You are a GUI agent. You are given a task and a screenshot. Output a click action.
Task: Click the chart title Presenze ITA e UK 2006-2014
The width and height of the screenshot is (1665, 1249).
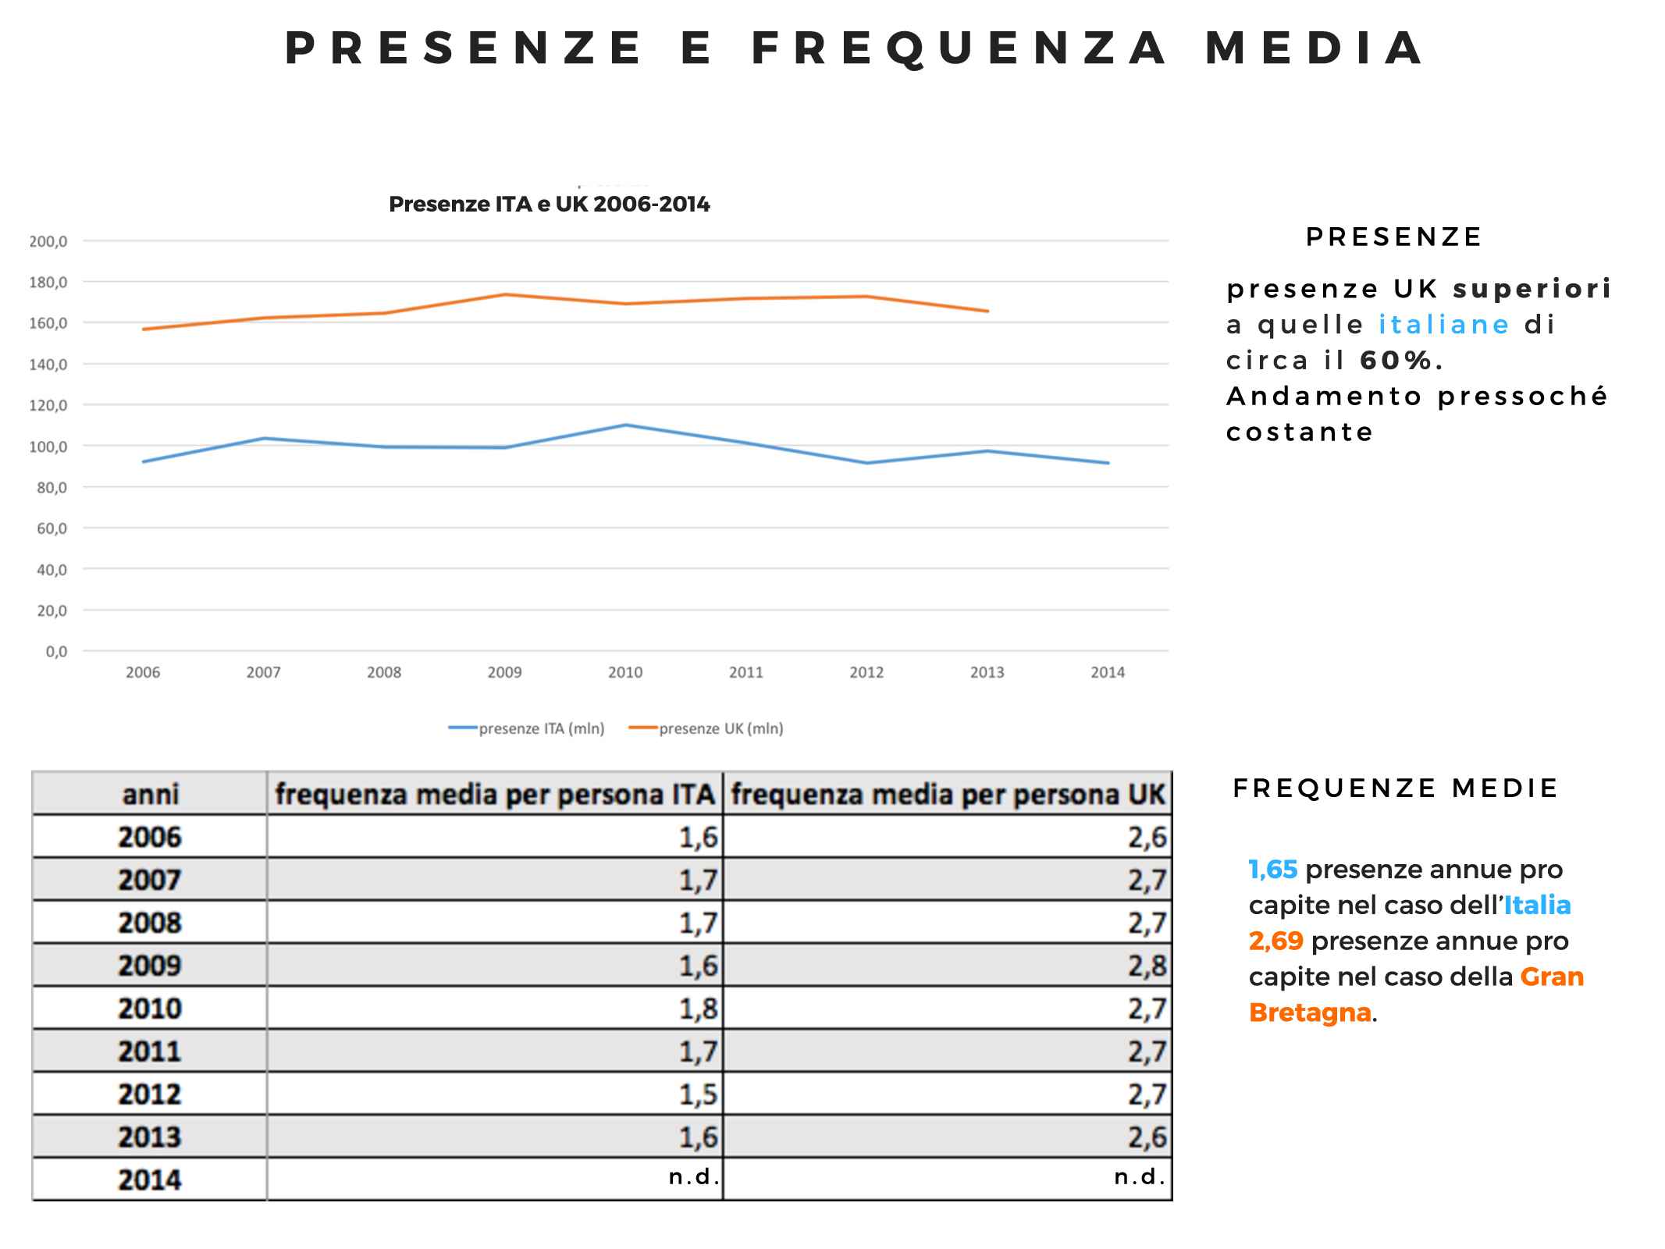point(549,205)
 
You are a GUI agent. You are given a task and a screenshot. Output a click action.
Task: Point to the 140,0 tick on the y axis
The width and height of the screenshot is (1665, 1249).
point(48,364)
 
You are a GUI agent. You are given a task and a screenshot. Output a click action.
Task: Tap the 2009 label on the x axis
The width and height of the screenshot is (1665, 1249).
point(504,672)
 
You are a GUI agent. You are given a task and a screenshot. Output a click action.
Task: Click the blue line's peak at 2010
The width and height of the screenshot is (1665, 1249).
point(625,425)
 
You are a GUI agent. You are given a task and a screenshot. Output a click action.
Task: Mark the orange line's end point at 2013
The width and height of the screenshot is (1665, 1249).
point(987,311)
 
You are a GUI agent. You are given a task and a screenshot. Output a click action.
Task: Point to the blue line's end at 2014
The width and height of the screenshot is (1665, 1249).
point(1108,463)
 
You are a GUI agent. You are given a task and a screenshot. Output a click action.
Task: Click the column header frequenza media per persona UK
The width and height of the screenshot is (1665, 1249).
point(948,795)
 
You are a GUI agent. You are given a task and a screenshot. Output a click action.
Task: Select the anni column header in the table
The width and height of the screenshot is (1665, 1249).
point(150,795)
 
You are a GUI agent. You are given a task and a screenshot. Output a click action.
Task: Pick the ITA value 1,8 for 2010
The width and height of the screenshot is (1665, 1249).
point(697,1009)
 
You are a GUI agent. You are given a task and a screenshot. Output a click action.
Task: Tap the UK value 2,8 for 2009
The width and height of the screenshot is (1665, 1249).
point(1147,966)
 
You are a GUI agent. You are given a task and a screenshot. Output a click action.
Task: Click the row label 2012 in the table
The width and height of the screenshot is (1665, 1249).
point(149,1094)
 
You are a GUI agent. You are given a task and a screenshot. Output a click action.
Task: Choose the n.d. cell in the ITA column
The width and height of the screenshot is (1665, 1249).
point(693,1176)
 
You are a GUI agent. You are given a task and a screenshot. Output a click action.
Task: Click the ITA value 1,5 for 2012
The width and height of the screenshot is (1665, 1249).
point(697,1094)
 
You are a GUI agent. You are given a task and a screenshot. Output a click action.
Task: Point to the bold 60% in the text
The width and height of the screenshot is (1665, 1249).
point(1396,361)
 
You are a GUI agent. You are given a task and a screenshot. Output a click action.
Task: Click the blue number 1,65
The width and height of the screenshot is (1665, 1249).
point(1272,870)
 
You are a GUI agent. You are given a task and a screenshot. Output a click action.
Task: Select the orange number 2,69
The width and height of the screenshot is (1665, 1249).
point(1275,941)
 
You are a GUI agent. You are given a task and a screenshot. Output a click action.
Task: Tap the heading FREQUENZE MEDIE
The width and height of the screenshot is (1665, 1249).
point(1395,788)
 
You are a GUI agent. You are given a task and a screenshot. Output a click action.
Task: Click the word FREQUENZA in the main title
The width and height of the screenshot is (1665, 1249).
point(959,48)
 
